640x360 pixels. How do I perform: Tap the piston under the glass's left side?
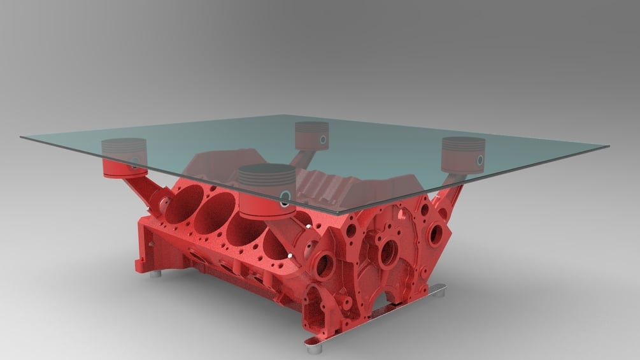(124, 156)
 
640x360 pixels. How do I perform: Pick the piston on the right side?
(464, 153)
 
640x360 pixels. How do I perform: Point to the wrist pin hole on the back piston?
(324, 139)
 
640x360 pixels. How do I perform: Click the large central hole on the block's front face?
(388, 252)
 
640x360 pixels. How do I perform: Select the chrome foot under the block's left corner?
(155, 276)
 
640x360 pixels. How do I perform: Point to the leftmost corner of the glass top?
(20, 137)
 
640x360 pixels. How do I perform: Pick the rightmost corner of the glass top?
(608, 147)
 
